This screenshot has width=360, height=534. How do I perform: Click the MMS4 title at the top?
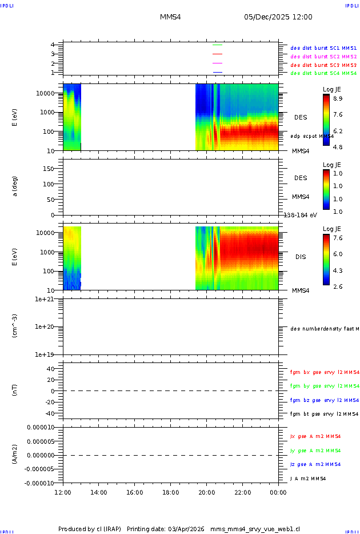click(x=170, y=17)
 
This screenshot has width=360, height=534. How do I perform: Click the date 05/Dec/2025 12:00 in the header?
click(x=278, y=17)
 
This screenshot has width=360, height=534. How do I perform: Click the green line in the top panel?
click(x=217, y=44)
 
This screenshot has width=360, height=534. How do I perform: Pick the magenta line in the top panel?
click(x=217, y=63)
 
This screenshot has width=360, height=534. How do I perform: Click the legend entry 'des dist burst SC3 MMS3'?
click(x=323, y=65)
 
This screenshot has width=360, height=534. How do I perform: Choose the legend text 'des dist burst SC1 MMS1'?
click(x=323, y=49)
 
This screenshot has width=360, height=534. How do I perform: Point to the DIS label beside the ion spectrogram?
click(x=301, y=257)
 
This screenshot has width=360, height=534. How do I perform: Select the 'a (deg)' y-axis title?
click(x=15, y=186)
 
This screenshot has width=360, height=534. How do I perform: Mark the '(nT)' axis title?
click(x=15, y=390)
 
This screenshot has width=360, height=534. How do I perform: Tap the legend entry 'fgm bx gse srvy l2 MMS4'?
click(x=325, y=372)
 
